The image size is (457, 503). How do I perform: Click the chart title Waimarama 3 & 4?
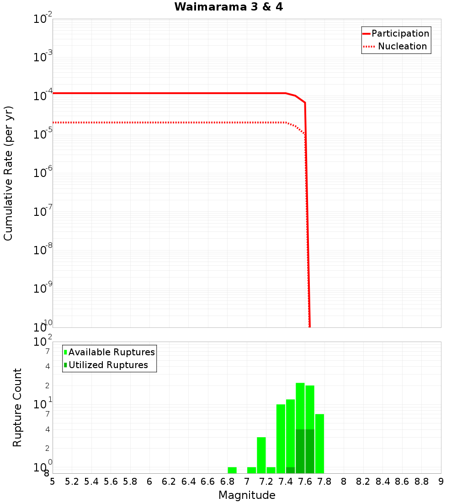228,7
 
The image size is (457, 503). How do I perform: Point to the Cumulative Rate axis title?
8,173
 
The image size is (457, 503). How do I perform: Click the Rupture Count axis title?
17,407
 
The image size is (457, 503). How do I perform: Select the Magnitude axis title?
247,495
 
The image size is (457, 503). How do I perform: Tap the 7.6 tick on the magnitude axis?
305,482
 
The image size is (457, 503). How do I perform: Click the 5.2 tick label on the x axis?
72,482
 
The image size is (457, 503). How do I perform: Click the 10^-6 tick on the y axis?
43,173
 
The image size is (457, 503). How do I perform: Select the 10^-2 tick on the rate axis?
43,19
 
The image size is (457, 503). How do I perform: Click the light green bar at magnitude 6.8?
232,470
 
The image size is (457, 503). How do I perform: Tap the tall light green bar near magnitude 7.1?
261,455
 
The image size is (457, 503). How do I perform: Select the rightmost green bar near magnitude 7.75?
319,444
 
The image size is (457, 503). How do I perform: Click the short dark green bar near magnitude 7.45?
290,470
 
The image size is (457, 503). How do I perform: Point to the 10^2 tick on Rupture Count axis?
43,342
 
